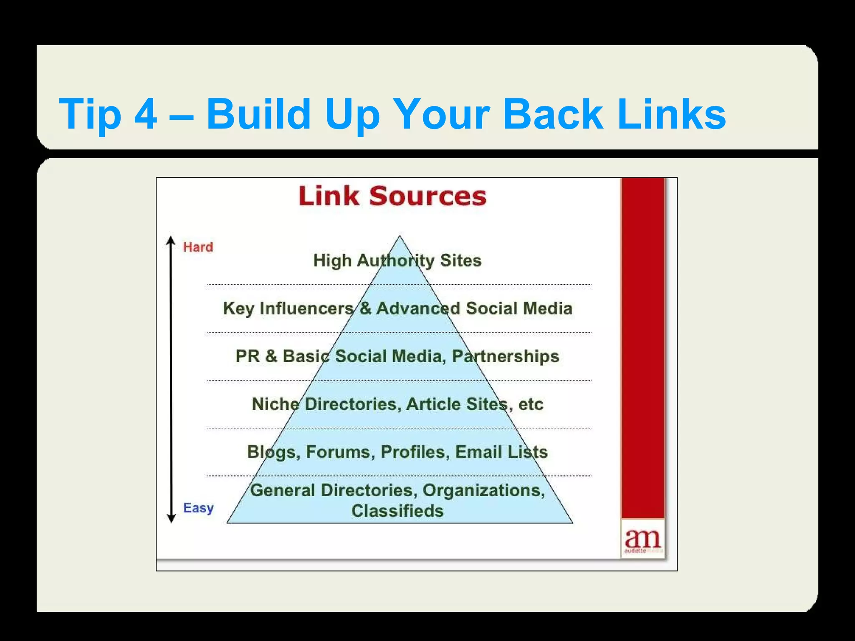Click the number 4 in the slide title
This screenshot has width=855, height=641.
point(146,114)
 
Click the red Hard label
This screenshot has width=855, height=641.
point(198,247)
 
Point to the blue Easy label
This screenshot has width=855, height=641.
point(198,508)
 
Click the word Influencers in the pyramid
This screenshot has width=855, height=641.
point(306,308)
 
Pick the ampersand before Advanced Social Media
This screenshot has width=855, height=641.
point(365,308)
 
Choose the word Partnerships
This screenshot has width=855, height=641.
point(505,356)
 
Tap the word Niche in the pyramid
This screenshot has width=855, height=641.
point(276,404)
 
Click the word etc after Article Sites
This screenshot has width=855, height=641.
point(531,404)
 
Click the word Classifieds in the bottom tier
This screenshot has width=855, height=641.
point(397,511)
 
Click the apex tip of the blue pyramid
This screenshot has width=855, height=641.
point(400,237)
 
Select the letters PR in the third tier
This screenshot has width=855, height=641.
point(247,356)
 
